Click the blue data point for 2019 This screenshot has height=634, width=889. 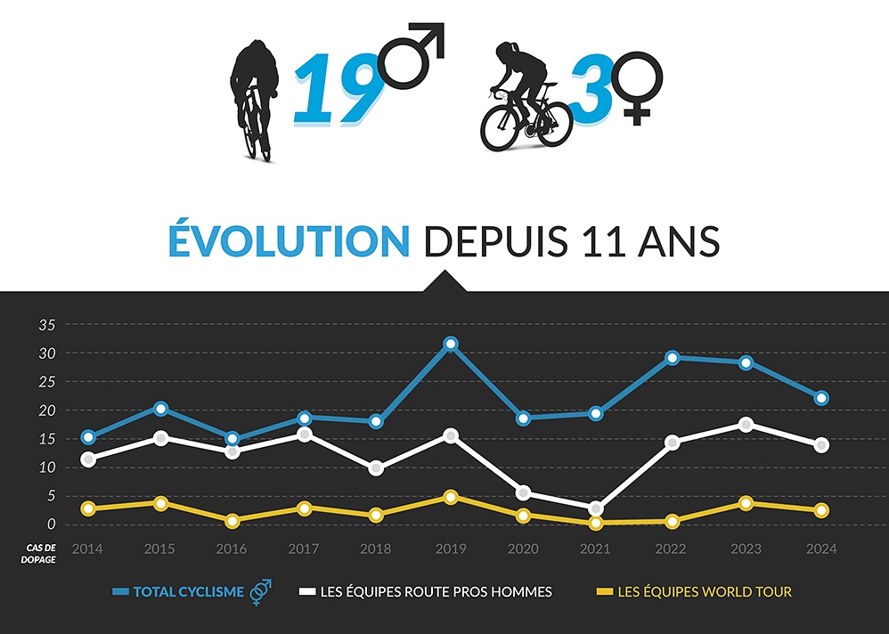click(451, 344)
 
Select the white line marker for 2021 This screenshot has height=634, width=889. click(596, 508)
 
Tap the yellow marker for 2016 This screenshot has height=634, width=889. click(232, 520)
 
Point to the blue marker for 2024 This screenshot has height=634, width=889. click(820, 398)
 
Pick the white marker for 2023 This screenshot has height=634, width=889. click(746, 425)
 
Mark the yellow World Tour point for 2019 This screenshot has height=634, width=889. click(451, 497)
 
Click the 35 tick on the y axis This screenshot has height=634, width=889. click(47, 325)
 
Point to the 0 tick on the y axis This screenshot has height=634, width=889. click(52, 524)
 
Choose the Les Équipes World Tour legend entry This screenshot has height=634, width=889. click(694, 591)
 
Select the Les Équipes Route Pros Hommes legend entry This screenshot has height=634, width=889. click(425, 591)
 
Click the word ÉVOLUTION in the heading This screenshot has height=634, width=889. click(289, 242)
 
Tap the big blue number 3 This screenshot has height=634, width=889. click(589, 88)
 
